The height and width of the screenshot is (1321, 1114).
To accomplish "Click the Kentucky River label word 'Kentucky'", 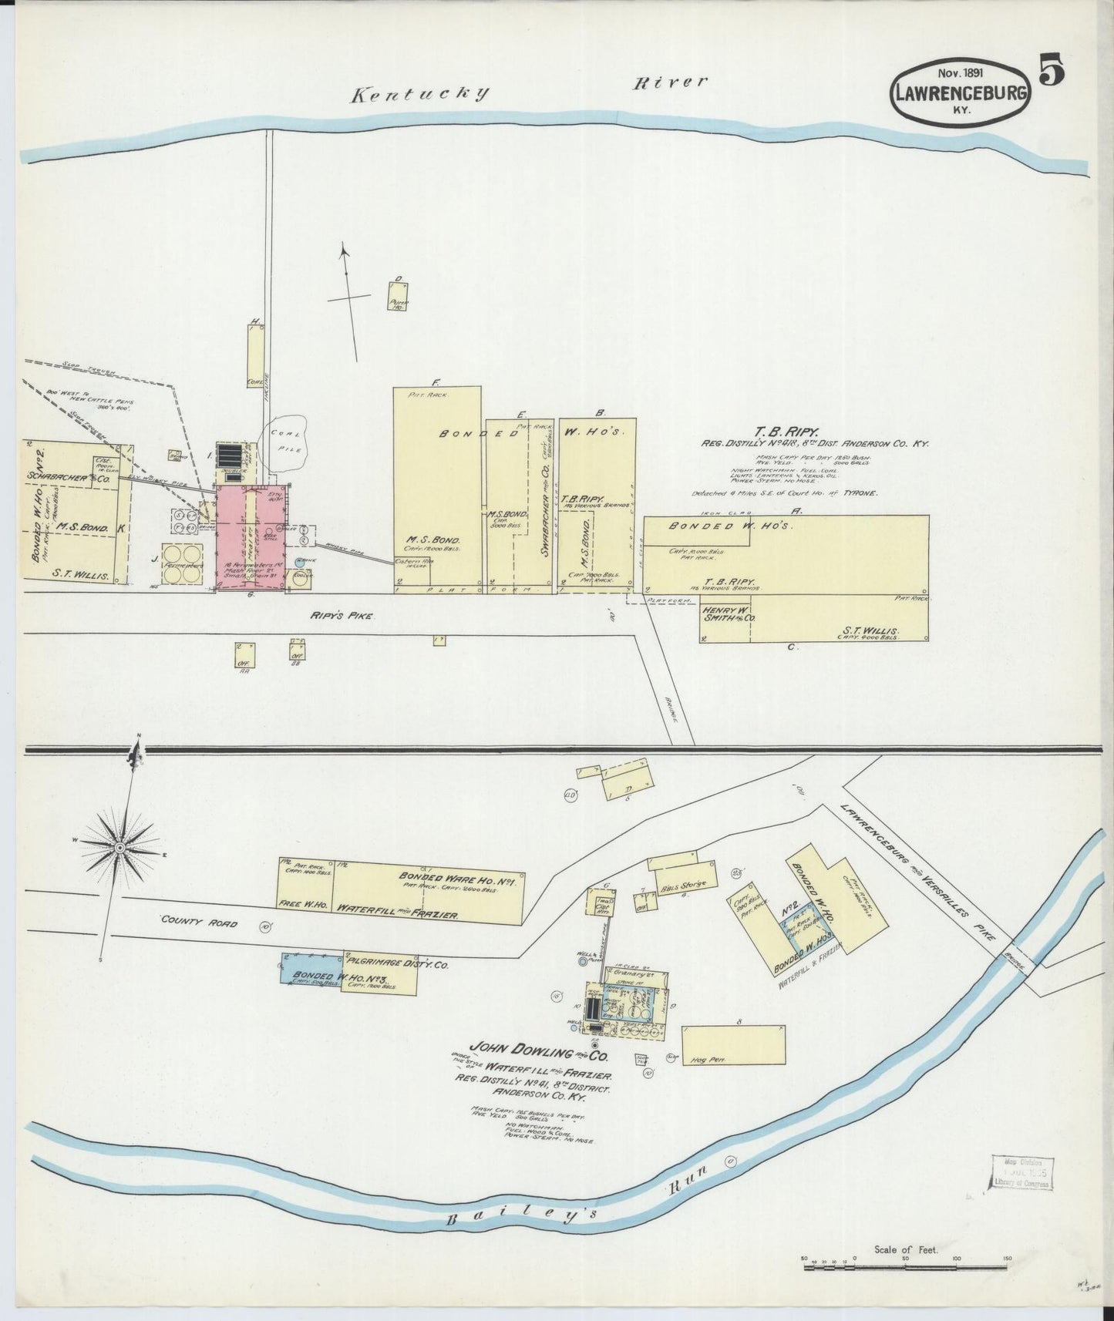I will click(x=419, y=94).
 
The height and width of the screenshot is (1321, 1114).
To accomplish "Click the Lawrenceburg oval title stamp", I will click(x=961, y=92).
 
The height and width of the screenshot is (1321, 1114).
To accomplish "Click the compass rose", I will click(x=120, y=847).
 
